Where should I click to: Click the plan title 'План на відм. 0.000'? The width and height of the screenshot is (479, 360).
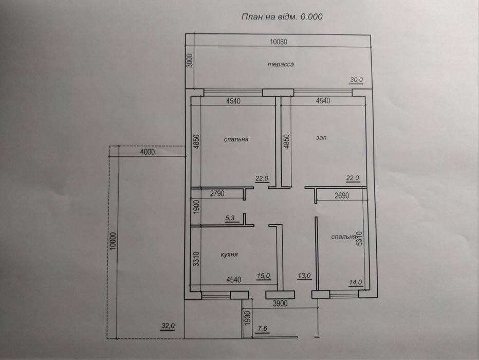282,16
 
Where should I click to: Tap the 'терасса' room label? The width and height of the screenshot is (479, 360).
281,64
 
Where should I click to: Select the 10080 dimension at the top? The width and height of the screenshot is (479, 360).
279,42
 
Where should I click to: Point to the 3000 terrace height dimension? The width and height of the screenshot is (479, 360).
190,61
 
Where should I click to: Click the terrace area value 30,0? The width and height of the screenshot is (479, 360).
356,80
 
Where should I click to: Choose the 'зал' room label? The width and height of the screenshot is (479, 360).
321,137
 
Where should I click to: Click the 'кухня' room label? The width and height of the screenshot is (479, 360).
229,254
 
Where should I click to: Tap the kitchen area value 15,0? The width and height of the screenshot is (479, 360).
263,276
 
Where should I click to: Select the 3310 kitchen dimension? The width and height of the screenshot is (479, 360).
196,259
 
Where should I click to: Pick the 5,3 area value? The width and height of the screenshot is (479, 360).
230,218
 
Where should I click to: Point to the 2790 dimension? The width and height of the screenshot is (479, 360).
217,193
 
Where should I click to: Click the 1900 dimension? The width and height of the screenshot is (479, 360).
196,206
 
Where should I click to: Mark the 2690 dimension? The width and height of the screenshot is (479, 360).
342,195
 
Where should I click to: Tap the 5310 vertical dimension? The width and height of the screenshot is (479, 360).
360,239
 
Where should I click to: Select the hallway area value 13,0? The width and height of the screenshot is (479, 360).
304,276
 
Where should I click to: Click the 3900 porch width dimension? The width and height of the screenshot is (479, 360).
280,303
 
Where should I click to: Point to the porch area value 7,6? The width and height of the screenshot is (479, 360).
263,329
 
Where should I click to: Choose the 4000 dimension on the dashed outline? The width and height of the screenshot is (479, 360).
147,152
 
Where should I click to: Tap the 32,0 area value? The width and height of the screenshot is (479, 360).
168,326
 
